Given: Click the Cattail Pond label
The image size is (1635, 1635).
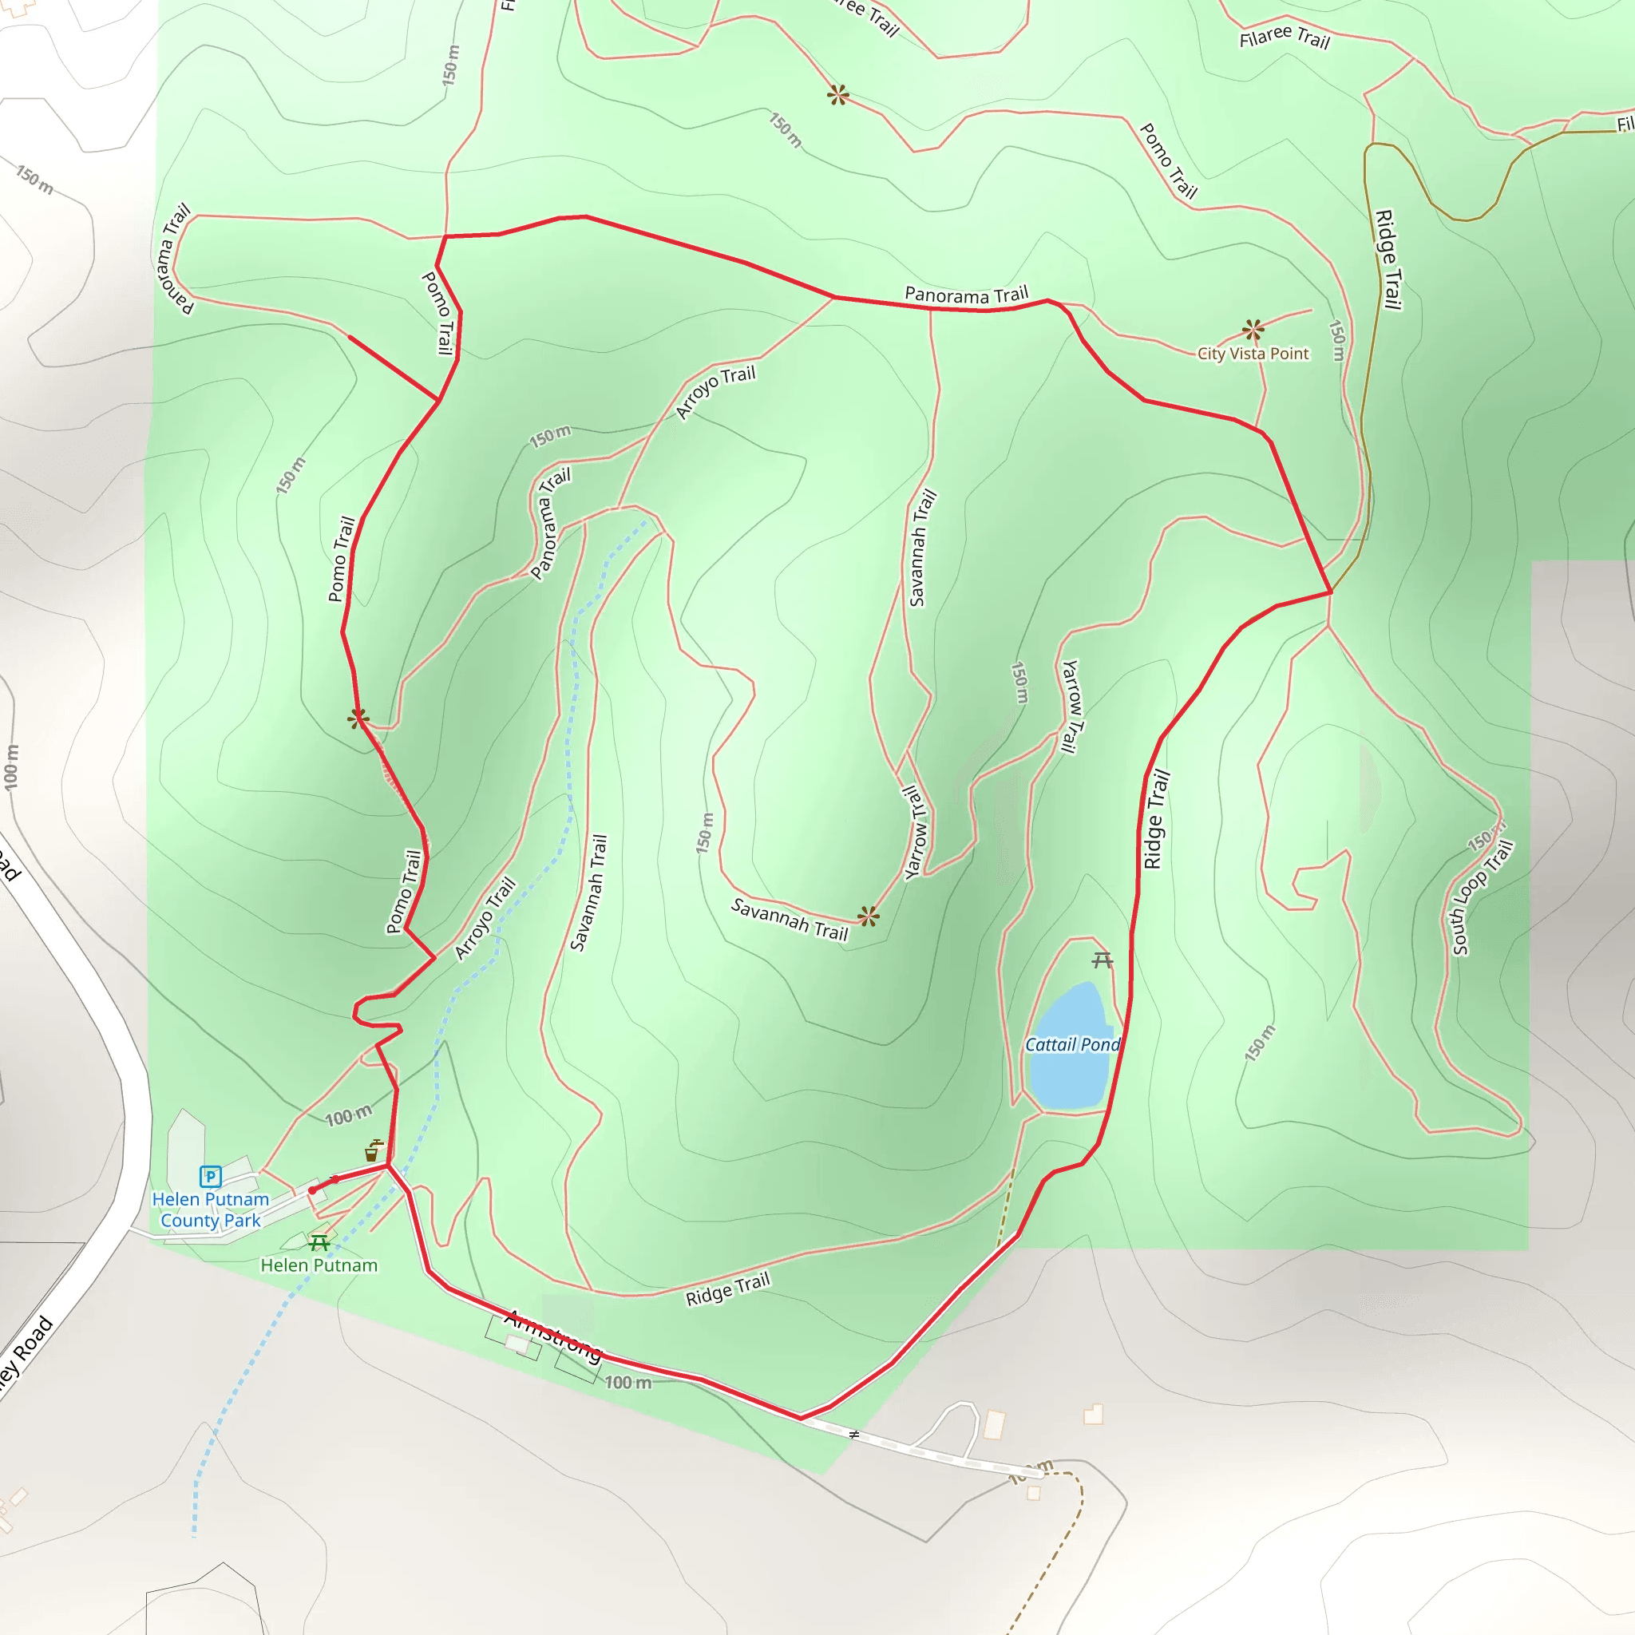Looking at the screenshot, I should pyautogui.click(x=1072, y=1044).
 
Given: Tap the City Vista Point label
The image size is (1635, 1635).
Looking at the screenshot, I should pyautogui.click(x=1253, y=354).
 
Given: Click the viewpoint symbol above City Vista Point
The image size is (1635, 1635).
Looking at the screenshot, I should pyautogui.click(x=1253, y=328).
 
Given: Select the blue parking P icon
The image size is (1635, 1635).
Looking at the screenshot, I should pyautogui.click(x=211, y=1176).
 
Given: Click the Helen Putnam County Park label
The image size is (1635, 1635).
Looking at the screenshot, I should pyautogui.click(x=211, y=1209).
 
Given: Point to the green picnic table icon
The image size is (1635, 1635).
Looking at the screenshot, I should pyautogui.click(x=319, y=1242).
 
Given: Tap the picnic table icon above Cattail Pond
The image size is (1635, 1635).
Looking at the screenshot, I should pyautogui.click(x=1102, y=960).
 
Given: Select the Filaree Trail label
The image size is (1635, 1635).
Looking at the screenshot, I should pyautogui.click(x=1285, y=37).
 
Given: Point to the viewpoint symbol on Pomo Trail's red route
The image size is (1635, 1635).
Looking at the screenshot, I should pyautogui.click(x=358, y=719).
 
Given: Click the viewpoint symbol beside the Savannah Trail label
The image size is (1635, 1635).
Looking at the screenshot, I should pyautogui.click(x=869, y=916).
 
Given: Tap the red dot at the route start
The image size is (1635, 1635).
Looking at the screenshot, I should pyautogui.click(x=313, y=1190).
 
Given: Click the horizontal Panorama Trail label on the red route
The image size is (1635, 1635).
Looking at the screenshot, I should pyautogui.click(x=967, y=295).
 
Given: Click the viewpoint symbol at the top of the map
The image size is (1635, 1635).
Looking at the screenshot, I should pyautogui.click(x=837, y=95).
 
